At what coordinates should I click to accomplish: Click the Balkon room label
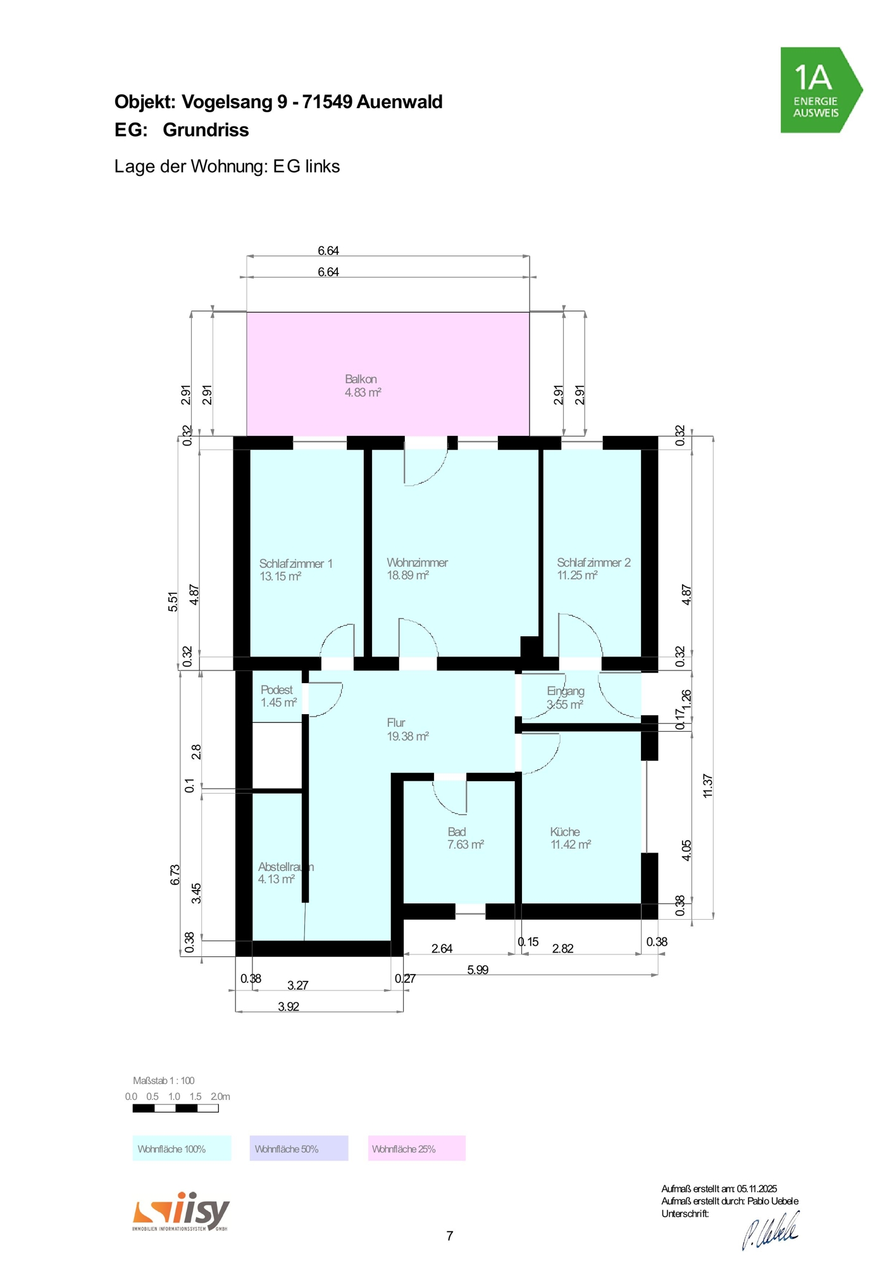pos(361,379)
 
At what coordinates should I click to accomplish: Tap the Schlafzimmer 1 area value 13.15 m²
pos(280,576)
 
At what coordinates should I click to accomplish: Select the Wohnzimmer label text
pos(417,562)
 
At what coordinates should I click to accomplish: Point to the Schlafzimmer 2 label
pos(593,562)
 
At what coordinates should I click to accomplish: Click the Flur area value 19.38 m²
pos(407,736)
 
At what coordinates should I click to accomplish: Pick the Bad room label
pos(457,832)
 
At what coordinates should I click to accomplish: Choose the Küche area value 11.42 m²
pos(571,844)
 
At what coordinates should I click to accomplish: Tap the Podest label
pos(276,689)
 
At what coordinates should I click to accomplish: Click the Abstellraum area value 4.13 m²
pos(276,879)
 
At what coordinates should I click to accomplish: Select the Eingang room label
pos(566,691)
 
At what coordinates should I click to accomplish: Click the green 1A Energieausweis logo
pos(821,90)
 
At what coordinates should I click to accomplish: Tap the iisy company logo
pos(181,1212)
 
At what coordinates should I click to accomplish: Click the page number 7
pos(450,1236)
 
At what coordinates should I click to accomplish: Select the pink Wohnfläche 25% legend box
pos(417,1149)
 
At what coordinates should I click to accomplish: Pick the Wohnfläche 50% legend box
pos(299,1149)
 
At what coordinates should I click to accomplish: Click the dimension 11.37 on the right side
pos(708,786)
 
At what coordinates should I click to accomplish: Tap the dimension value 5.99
pos(478,970)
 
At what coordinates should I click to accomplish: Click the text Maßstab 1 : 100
pos(164,1080)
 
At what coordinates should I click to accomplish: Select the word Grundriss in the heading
pos(206,130)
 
